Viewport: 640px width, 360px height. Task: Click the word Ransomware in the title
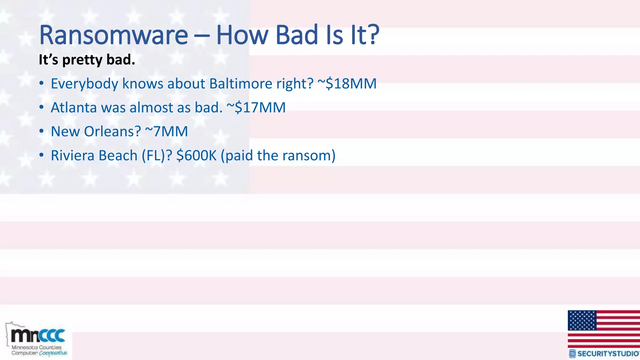(113, 35)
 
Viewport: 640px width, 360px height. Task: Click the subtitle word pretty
(82, 60)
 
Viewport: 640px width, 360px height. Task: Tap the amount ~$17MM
(256, 107)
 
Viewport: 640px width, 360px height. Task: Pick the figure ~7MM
(167, 132)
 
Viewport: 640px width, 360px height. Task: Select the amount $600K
(196, 156)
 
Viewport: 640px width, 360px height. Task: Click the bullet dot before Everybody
(42, 84)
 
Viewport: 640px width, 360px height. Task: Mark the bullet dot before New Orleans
(42, 132)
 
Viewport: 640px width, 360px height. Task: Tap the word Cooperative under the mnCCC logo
(53, 353)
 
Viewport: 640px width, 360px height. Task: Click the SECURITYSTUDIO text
(608, 354)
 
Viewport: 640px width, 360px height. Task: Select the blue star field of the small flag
(582, 320)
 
